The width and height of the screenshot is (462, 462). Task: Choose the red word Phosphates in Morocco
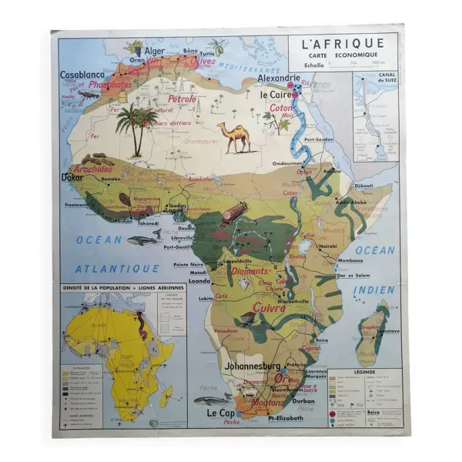click(x=109, y=85)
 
